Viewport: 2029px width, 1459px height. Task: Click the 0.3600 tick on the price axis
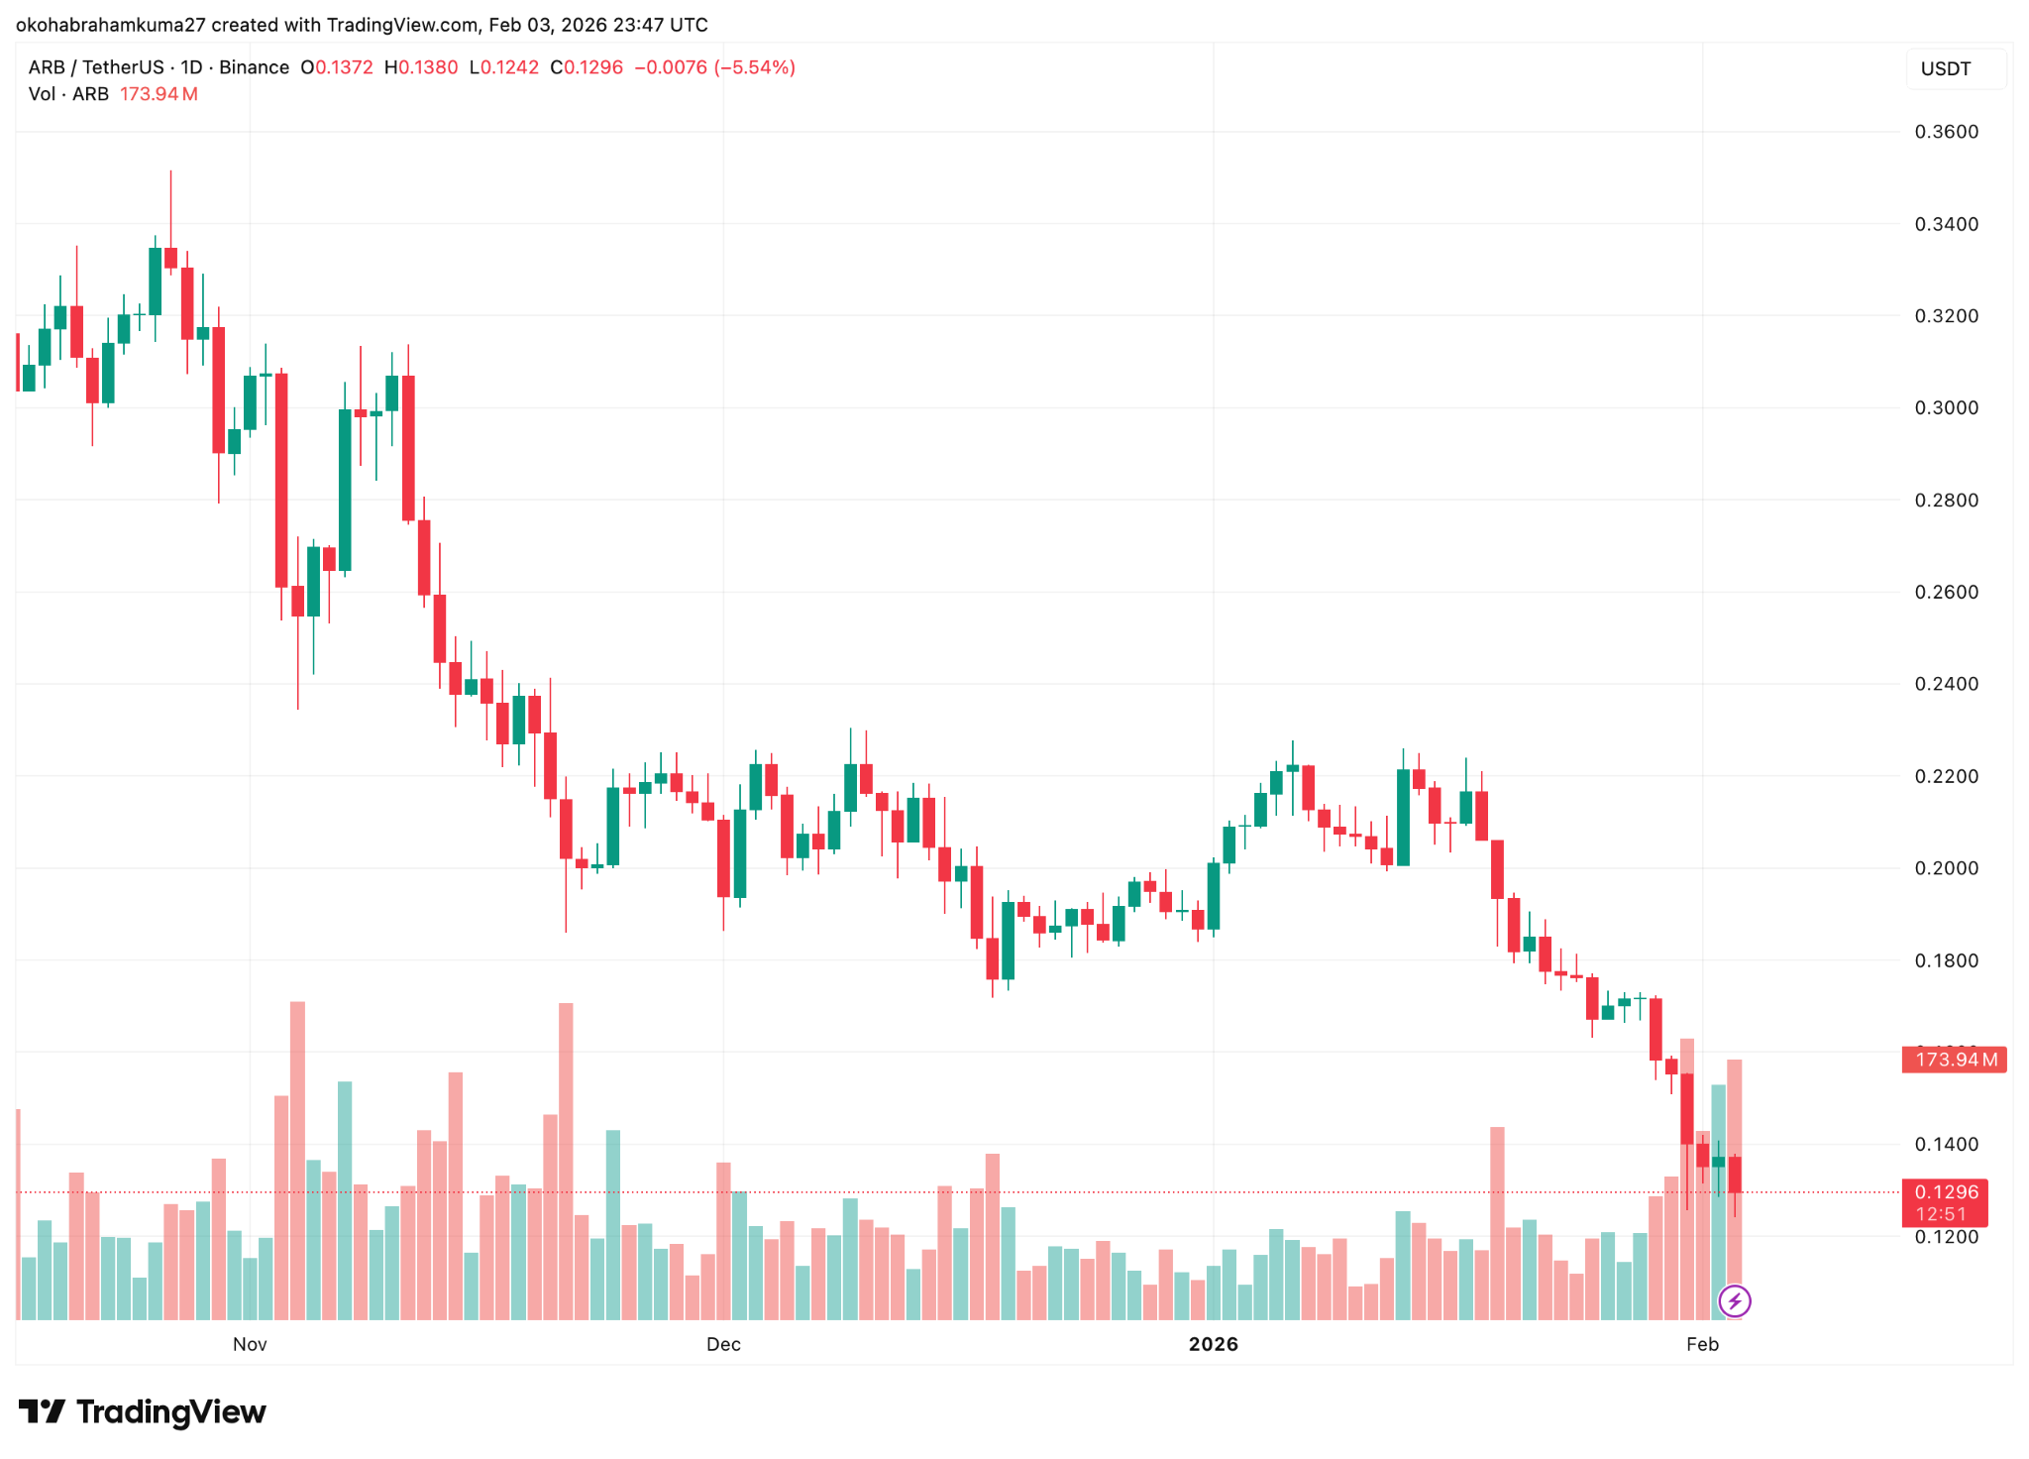[1946, 132]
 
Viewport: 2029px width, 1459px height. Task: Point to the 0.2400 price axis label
[1946, 684]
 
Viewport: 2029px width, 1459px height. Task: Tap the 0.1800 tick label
[1946, 960]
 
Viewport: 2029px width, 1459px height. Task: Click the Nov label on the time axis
[250, 1344]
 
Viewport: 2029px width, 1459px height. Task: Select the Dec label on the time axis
[723, 1344]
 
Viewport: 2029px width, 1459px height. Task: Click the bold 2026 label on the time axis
[1213, 1344]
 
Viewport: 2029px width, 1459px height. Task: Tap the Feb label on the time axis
[1702, 1344]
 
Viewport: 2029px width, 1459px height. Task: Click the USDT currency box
[1946, 68]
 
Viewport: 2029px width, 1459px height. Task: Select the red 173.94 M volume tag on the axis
[1954, 1060]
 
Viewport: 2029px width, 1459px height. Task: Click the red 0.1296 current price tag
[1946, 1192]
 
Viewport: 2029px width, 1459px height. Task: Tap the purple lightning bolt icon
[1734, 1300]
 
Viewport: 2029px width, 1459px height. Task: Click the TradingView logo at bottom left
[143, 1411]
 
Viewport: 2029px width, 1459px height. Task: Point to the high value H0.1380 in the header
[421, 67]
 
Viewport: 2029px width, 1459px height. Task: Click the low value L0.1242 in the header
[503, 67]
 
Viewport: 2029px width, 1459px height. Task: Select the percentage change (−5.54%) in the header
[757, 67]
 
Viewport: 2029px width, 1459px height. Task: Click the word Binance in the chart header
[254, 67]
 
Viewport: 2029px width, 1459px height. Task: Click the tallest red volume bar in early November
[297, 1160]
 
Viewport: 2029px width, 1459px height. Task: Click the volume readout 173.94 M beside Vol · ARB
[159, 94]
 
